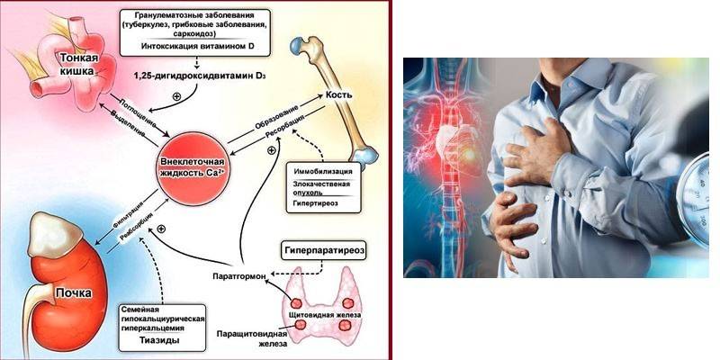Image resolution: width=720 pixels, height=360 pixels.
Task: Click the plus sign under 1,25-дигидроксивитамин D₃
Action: pos(188,94)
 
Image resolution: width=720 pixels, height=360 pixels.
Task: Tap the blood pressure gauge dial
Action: pos(707,185)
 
